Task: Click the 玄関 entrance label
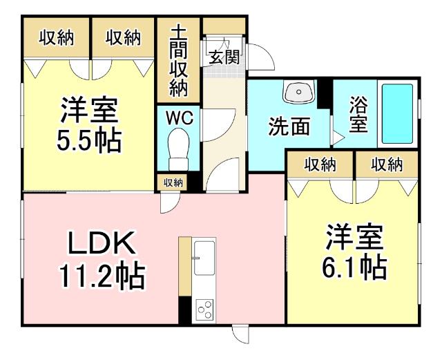point(224,57)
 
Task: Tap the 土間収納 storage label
point(178,61)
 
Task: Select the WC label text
point(178,117)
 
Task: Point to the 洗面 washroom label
point(289,127)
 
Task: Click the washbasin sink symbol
point(298,93)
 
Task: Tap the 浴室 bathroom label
point(358,115)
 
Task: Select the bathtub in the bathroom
point(397,113)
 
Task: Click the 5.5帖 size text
point(88,141)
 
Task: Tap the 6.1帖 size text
point(354,267)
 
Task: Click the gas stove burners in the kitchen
point(204,309)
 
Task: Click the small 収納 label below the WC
point(173,182)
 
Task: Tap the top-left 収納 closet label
point(55,37)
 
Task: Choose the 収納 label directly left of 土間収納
point(123,37)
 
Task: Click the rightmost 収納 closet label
point(386,164)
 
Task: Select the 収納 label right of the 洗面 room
point(320,164)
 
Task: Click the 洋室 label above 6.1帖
point(354,237)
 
